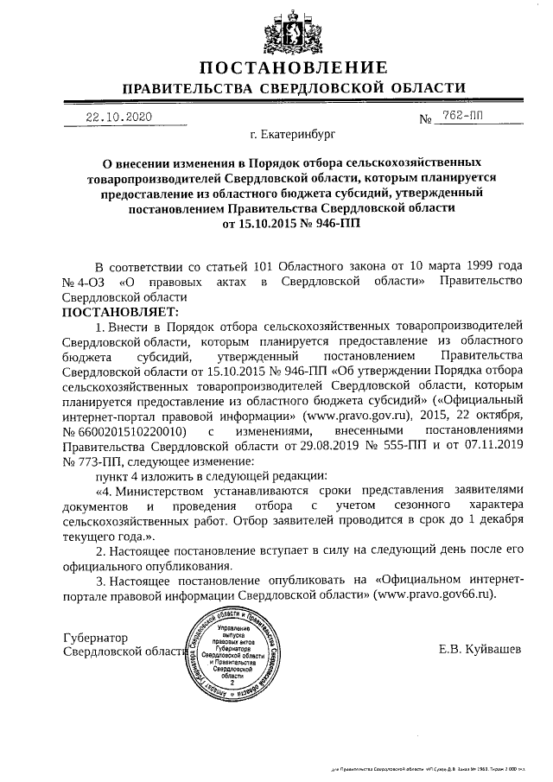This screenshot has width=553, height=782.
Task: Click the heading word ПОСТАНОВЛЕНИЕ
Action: (x=293, y=67)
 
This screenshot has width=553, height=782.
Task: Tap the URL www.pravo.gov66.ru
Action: (x=433, y=595)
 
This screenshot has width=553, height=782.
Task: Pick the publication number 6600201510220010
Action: (x=131, y=429)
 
